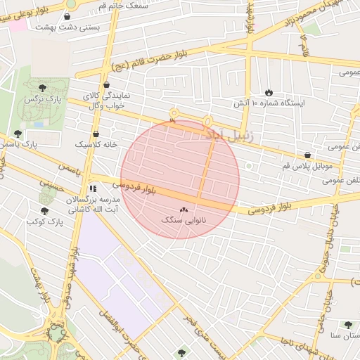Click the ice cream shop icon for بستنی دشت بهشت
point(67,16)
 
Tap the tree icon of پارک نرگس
point(44,88)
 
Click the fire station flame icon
point(269,92)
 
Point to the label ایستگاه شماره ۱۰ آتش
point(270,103)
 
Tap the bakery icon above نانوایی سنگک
point(184,210)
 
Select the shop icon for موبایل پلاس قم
point(307,155)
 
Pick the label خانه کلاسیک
point(96,144)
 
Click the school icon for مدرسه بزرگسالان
point(93,188)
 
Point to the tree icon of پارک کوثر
point(44,211)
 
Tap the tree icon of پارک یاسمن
point(18,134)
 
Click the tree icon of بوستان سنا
point(348,325)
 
